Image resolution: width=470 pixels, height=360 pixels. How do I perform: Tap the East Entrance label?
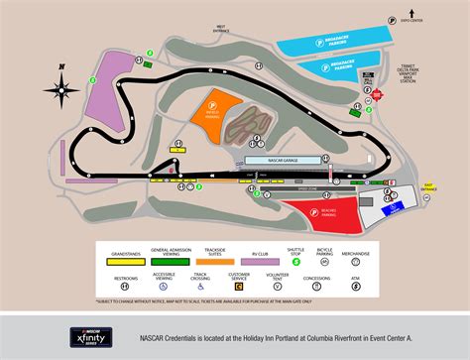[428, 185]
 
